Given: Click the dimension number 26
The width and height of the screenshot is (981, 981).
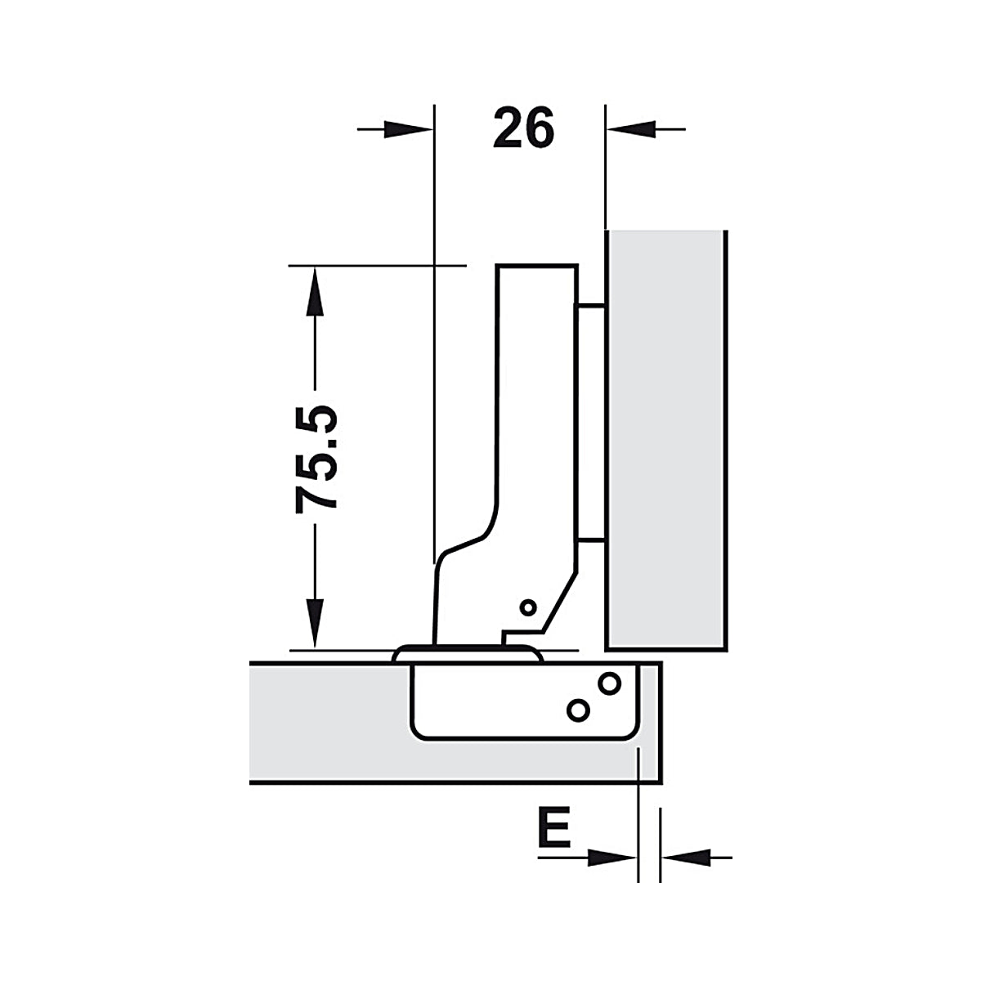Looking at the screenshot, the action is [x=523, y=128].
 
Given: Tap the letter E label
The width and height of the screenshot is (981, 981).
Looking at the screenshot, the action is [x=554, y=826].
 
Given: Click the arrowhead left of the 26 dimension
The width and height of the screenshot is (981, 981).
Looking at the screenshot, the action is [x=407, y=129].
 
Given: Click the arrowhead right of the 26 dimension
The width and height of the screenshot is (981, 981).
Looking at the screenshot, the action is [x=631, y=129].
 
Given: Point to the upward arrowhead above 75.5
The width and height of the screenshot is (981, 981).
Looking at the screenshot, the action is [x=315, y=292].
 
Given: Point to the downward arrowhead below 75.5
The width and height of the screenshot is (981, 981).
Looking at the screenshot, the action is [x=315, y=623].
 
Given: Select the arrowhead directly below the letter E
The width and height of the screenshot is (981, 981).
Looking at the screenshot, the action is [x=611, y=858].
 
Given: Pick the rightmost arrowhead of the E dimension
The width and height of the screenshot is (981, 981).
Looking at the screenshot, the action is [x=687, y=858].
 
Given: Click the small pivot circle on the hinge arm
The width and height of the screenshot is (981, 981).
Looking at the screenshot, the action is [x=528, y=607].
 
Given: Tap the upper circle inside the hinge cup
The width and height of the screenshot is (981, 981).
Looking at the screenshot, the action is [x=609, y=683].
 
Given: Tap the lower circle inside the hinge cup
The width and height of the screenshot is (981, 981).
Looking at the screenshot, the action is [x=578, y=710].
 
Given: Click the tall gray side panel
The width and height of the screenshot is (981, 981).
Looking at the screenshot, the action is [x=666, y=441].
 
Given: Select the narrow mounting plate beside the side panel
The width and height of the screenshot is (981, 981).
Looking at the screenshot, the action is [x=592, y=422].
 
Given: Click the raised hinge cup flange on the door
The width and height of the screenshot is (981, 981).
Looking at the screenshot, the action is [x=468, y=654].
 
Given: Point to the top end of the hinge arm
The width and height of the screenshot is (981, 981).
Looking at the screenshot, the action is [x=536, y=265].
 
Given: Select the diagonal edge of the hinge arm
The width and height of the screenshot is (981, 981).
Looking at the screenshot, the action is [x=559, y=602].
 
